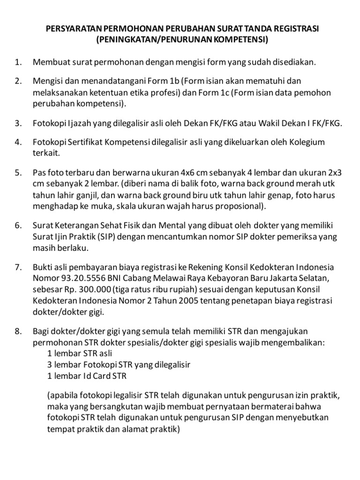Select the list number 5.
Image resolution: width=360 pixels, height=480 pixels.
click(x=18, y=172)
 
